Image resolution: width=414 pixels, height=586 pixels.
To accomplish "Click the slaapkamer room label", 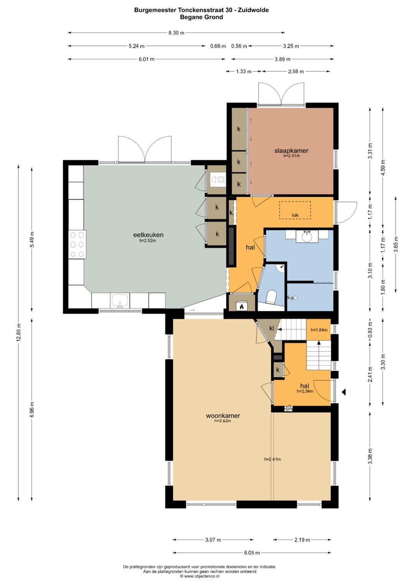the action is coord(291,150).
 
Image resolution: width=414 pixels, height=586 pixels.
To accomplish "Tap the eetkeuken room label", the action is coord(148,234).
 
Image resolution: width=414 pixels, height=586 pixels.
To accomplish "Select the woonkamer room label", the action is coord(223,416).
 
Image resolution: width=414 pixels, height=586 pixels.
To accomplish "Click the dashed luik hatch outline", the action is coord(295,210).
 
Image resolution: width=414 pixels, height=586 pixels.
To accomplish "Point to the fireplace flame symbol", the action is coord(242,306).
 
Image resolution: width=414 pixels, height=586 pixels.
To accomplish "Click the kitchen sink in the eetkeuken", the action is coord(120,300).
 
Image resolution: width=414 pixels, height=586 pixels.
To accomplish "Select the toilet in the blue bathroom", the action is coord(271,297).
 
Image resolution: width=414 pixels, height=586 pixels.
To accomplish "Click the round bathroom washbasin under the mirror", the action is coord(307,237).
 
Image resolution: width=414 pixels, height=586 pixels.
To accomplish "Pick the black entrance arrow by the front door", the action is coord(343,392).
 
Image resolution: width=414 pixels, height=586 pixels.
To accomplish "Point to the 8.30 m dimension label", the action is coord(176,33).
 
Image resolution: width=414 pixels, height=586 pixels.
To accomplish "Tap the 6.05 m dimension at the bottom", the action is coord(252,553).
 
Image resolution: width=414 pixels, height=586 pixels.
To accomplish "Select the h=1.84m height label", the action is coord(319,330).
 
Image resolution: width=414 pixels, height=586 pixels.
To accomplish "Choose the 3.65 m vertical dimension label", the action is coord(396,244).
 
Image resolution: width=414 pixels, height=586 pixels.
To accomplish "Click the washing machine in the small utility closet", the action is coord(221,180).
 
